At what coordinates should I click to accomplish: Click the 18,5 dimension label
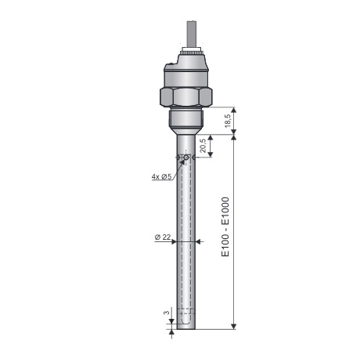[227, 121]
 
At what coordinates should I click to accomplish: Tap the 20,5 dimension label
[203, 146]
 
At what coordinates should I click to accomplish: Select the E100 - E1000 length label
[225, 226]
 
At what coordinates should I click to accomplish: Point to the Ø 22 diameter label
[163, 237]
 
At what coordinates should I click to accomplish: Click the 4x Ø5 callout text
[162, 177]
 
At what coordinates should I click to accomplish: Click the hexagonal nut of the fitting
[186, 97]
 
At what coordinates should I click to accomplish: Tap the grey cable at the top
[192, 34]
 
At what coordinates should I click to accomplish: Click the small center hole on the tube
[186, 157]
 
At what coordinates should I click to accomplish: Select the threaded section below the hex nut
[186, 119]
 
